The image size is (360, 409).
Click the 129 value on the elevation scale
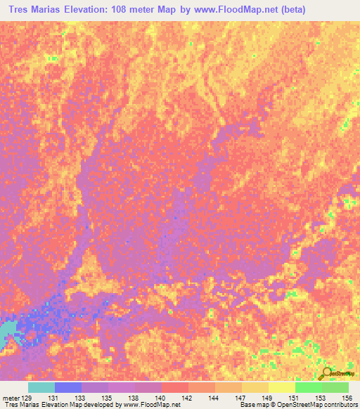coord(28,398)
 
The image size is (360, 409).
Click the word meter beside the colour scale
coord(11,398)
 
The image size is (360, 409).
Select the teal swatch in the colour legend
coord(41,387)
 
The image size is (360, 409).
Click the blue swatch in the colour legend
coord(68,387)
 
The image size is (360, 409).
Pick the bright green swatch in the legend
coord(309,387)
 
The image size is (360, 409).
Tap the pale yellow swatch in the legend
coord(282,387)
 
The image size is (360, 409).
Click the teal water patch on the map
coord(7,330)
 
